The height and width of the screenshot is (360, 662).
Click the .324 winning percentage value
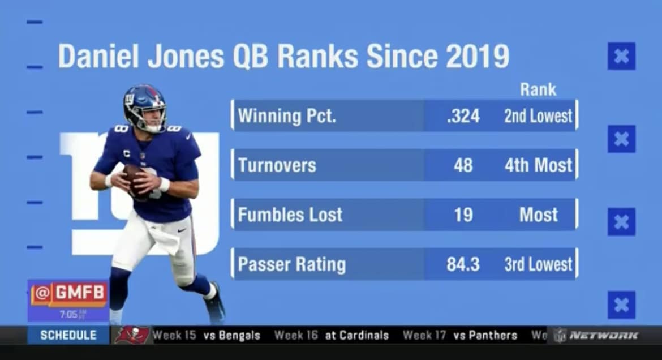point(463,116)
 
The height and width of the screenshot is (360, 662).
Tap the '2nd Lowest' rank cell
point(538,116)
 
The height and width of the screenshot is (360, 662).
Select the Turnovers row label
point(277,165)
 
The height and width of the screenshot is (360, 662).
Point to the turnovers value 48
point(463,165)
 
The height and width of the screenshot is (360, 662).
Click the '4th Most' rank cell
point(538,165)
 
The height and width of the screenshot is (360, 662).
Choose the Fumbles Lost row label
point(290,215)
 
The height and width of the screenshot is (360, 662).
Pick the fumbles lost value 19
point(463,215)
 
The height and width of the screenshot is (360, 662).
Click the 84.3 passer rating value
point(463,264)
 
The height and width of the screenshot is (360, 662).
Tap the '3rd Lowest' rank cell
point(538,264)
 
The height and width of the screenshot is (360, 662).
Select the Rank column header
point(538,89)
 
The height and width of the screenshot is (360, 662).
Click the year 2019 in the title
point(477,57)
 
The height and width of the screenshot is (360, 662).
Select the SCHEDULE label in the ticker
point(68,335)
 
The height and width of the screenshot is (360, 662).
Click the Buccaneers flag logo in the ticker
point(132,335)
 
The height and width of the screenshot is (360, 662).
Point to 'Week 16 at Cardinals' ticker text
point(332,335)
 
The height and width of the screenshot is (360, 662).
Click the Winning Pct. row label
point(287,116)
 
